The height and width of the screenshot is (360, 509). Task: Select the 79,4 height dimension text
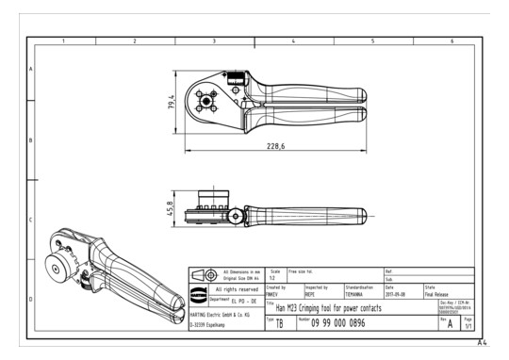[x=172, y=100]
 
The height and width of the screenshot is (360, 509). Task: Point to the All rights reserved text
[x=235, y=289]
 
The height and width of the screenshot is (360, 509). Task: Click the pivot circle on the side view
[x=232, y=216]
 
